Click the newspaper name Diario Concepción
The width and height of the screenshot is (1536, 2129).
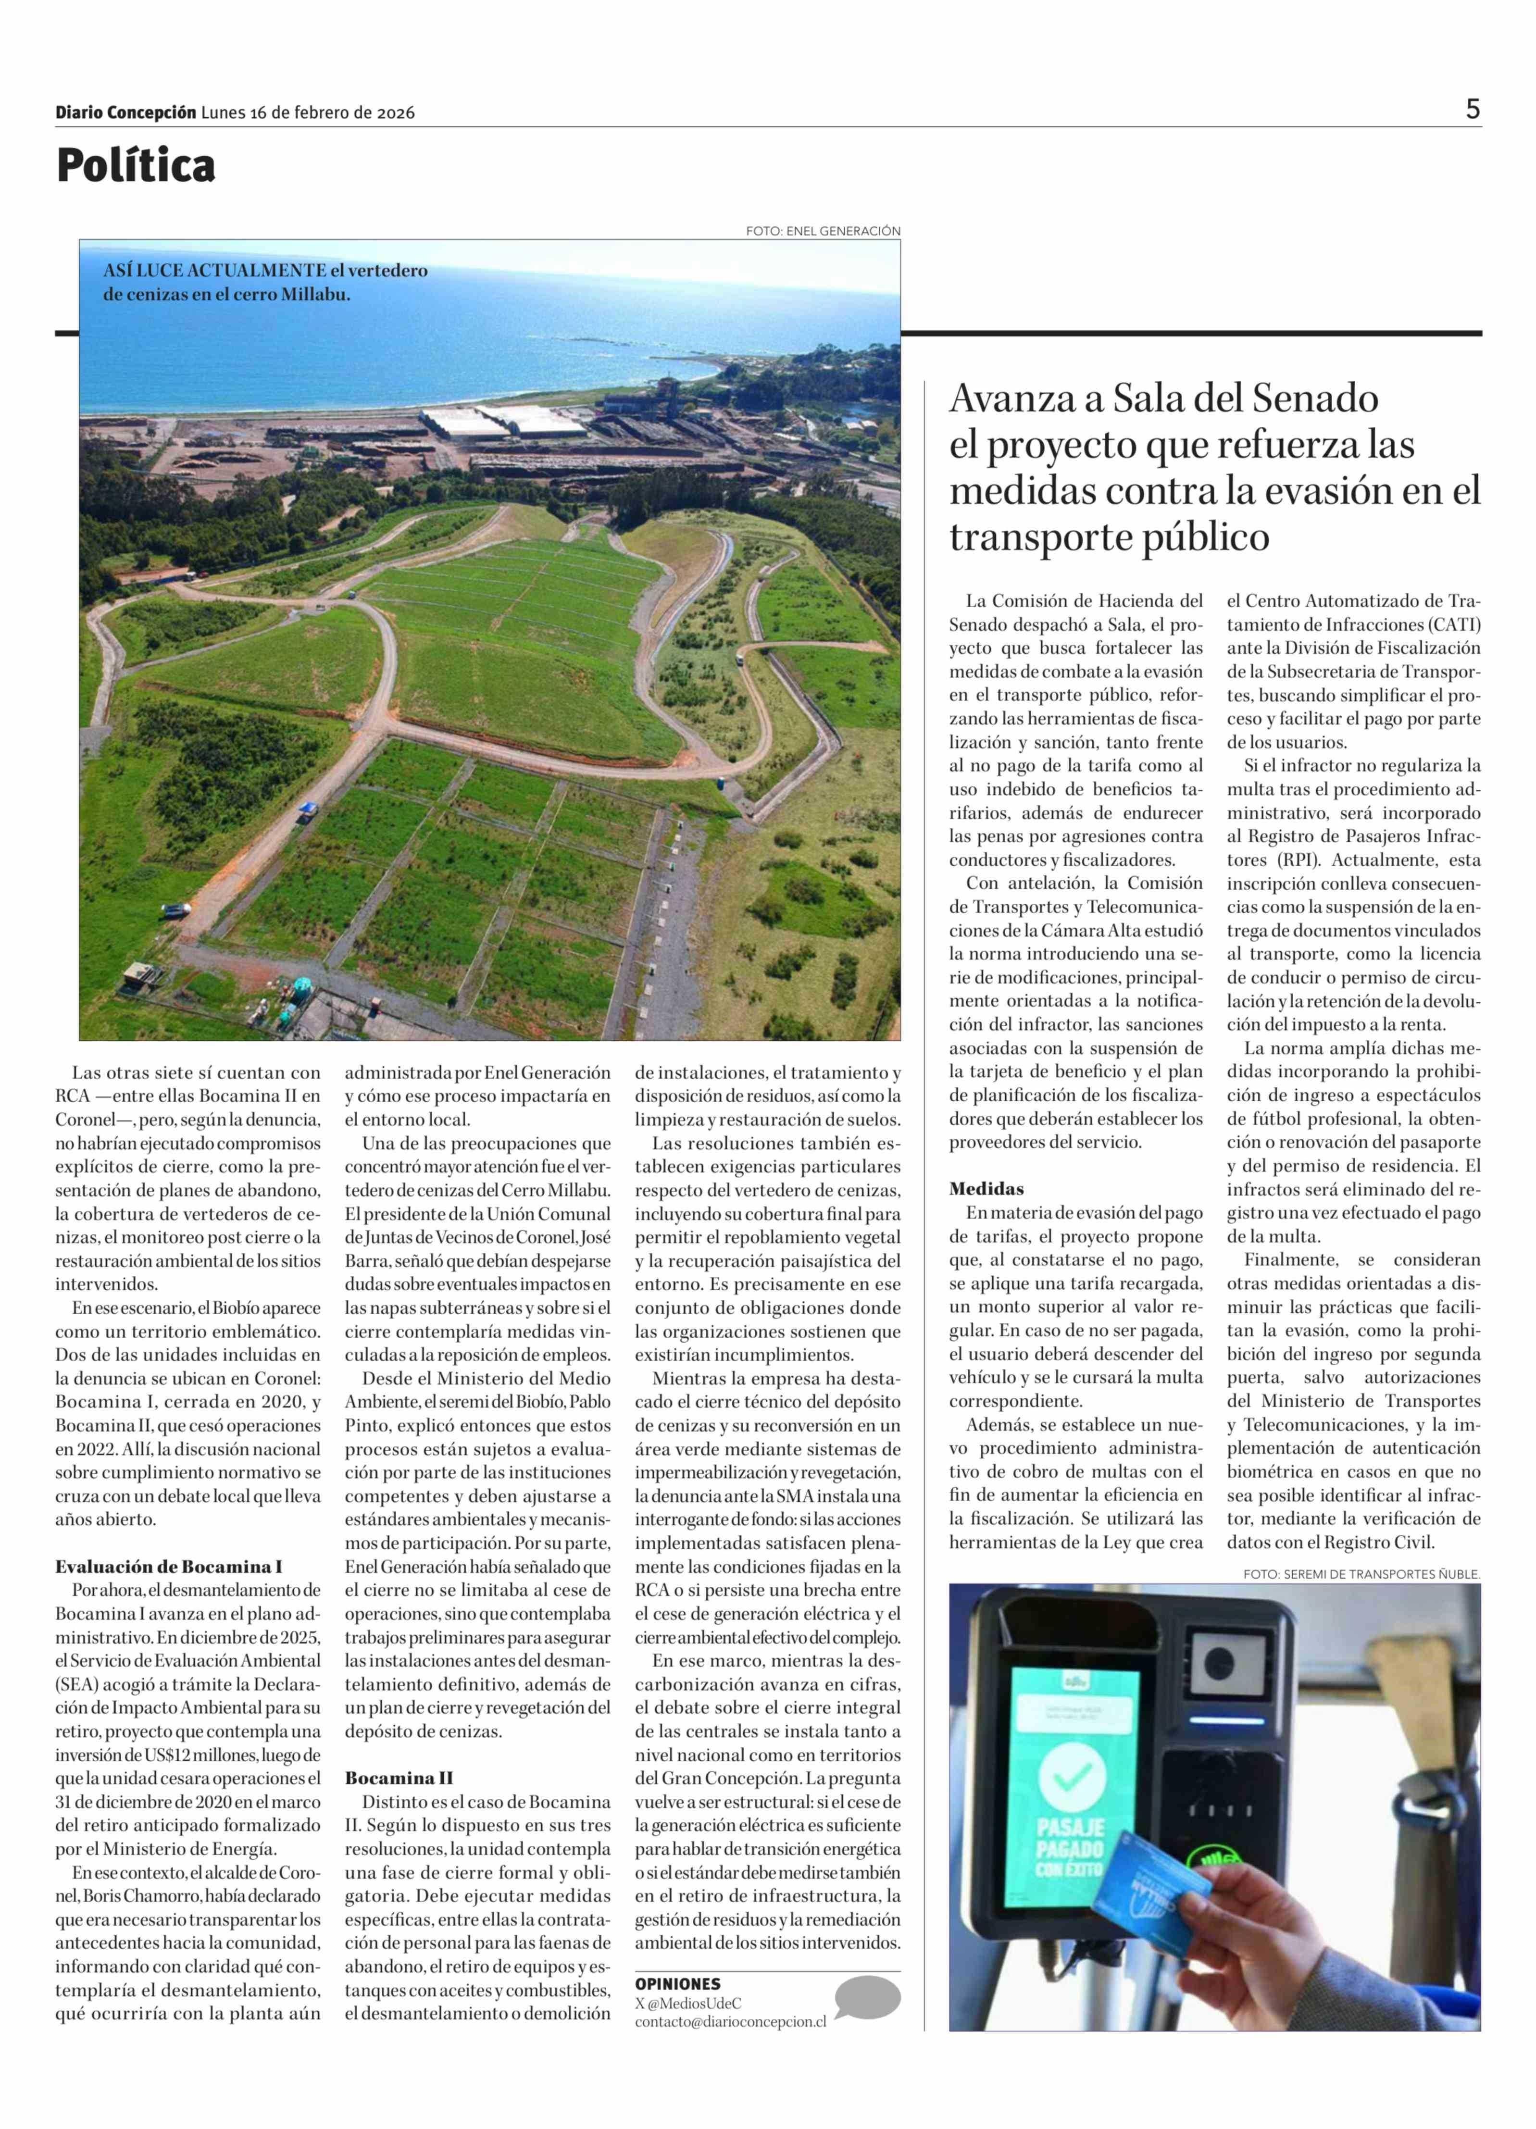click(x=126, y=112)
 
